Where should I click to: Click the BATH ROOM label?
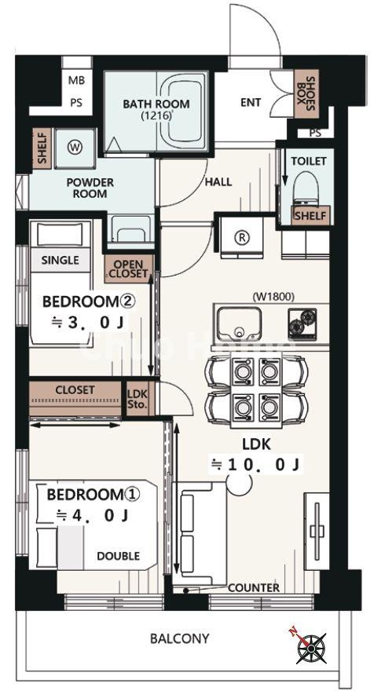pos(156,104)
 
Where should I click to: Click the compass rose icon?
pos(311,647)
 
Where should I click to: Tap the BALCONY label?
pos(179,638)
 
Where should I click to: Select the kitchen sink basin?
pos(239,324)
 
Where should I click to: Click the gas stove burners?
pos(302,322)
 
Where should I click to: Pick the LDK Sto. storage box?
pos(137,399)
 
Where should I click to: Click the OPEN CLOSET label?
pos(129,269)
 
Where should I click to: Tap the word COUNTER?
pos(254,588)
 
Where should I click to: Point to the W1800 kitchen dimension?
pos(273,297)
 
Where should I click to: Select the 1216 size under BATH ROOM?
pos(156,116)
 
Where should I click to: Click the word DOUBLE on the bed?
pos(118,556)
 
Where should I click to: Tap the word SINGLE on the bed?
pos(60,260)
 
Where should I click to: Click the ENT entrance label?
pos(251,102)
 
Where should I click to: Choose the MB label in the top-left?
pos(76,81)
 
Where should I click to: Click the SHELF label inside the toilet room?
pos(310,216)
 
